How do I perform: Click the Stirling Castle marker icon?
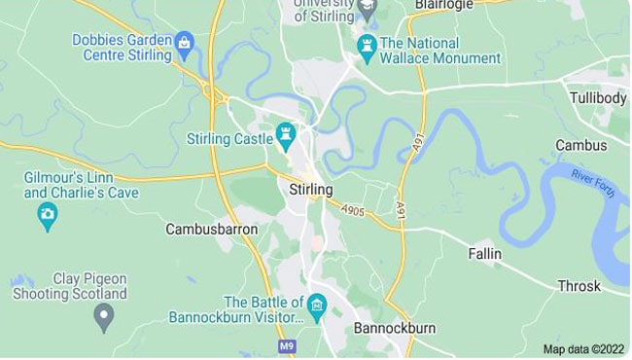coord(285,132)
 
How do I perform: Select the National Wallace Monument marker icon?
coord(367,44)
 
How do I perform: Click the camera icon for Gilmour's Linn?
coord(47,215)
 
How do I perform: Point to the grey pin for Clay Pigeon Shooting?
coord(103,314)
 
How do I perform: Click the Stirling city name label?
coord(311,189)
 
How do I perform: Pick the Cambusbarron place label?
coord(211,230)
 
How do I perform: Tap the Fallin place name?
coord(483,254)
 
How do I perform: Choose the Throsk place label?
coord(579,286)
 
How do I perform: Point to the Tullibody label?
coord(594,99)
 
